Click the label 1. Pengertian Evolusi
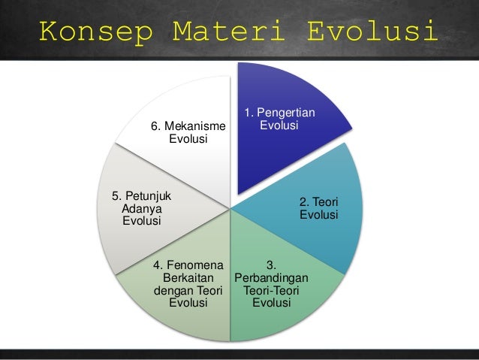[x=280, y=119]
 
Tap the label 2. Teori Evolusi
[x=318, y=209]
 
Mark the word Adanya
[x=141, y=208]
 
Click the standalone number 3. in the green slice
[x=272, y=264]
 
